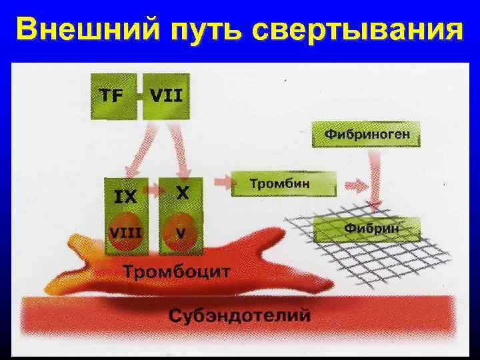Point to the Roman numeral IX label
point(126,197)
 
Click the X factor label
point(181,193)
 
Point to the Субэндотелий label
point(239,313)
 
